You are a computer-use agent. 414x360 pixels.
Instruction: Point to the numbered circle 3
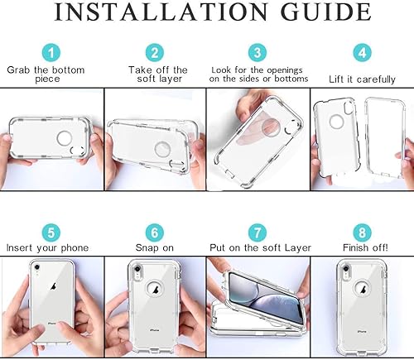pos(258,51)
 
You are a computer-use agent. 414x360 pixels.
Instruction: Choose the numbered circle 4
pos(362,51)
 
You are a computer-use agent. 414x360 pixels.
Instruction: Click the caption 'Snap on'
pos(155,247)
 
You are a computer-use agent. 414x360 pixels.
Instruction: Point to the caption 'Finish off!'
pos(362,247)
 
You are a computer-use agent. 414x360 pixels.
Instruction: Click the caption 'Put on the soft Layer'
pos(258,247)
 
